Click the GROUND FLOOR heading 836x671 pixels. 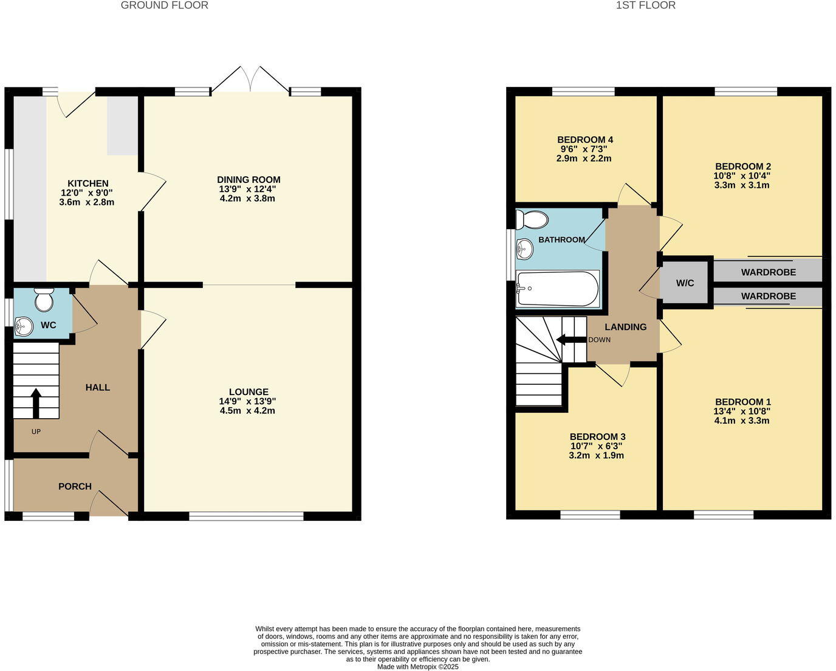click(x=164, y=5)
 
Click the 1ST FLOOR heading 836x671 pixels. click(x=645, y=5)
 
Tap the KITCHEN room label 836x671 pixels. click(x=87, y=184)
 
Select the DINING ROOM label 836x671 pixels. click(x=248, y=179)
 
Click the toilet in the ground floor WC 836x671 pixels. click(x=44, y=299)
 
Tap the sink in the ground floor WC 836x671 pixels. click(x=23, y=326)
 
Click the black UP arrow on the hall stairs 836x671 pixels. click(x=36, y=403)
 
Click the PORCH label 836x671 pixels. click(x=75, y=486)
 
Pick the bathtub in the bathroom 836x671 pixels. click(x=557, y=289)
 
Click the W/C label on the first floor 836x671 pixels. click(x=685, y=283)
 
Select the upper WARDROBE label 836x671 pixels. click(x=768, y=272)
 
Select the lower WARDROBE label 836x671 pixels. click(x=768, y=296)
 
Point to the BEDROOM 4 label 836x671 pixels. click(x=584, y=140)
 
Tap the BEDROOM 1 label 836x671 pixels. click(x=742, y=402)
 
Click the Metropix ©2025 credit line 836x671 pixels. click(x=417, y=666)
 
